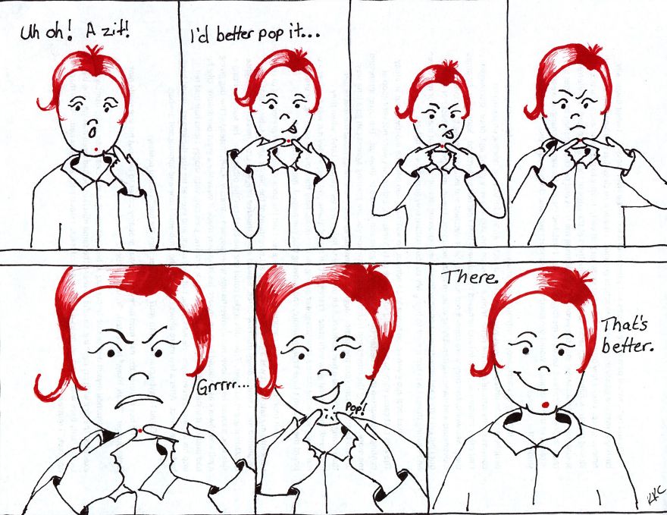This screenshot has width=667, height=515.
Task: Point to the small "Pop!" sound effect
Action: click(x=355, y=408)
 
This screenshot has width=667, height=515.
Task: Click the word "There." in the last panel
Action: click(x=469, y=278)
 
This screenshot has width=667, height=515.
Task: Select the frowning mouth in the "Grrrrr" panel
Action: click(x=138, y=401)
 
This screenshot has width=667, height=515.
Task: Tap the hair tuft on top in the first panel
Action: click(x=93, y=52)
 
